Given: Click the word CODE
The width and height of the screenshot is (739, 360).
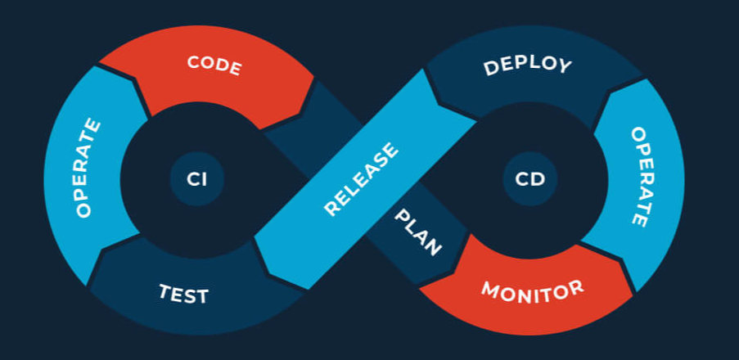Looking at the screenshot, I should click(214, 65).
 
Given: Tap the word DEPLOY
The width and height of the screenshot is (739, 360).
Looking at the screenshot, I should click(527, 65).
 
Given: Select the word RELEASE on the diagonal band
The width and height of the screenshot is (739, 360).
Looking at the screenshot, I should click(361, 180).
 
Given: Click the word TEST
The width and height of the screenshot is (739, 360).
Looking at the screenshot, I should click(183, 293).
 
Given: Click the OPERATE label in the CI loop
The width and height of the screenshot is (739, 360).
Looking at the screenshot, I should click(88, 168).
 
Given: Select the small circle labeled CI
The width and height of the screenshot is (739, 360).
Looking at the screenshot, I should click(196, 178).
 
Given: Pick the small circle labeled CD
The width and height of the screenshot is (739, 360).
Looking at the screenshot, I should click(530, 178).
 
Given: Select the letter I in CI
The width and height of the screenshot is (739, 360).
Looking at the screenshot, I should click(204, 178).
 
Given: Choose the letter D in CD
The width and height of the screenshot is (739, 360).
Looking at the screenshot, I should click(538, 178).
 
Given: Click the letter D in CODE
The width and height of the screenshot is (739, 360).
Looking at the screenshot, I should click(222, 65).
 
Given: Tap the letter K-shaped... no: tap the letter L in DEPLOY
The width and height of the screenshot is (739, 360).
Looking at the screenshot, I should click(532, 64).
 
